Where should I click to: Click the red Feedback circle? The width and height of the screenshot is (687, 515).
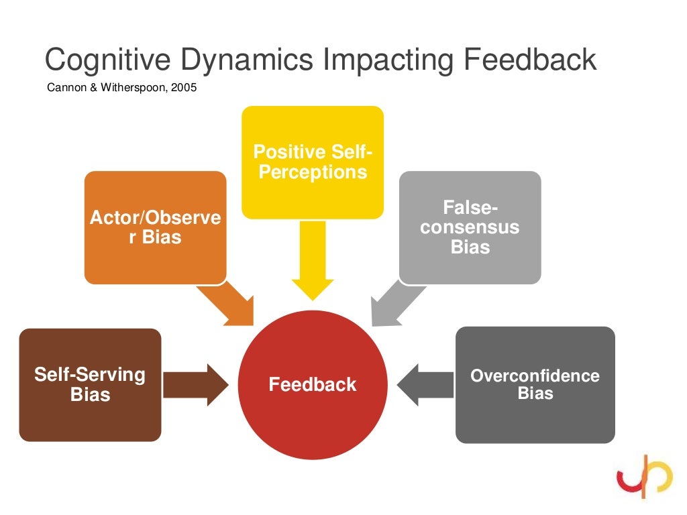313,384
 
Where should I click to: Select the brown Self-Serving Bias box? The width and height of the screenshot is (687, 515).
90,384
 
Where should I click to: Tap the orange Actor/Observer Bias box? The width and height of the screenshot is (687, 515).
155,227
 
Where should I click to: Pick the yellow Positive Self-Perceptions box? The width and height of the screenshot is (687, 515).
313,162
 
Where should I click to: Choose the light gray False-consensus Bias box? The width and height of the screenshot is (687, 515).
470,227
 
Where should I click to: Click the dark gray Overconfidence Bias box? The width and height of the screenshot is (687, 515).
535,384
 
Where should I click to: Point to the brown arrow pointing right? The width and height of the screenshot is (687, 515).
196,384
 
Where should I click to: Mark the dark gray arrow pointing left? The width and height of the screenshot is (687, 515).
425,384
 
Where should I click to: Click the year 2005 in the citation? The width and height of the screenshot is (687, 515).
185,88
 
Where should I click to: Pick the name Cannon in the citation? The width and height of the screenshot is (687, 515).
64,88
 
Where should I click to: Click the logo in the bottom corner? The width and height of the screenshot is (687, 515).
645,476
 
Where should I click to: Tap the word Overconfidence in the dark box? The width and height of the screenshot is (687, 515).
535,376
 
